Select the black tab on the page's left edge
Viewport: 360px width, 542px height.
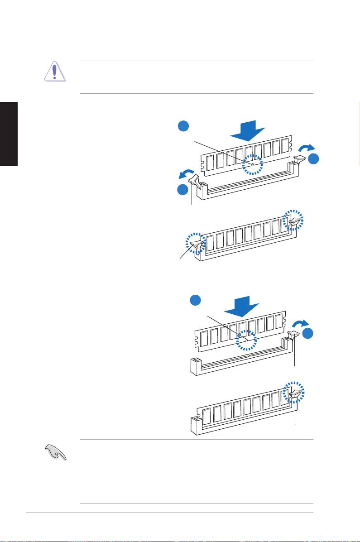[x=9, y=134]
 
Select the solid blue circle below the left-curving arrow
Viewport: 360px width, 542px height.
[x=182, y=190]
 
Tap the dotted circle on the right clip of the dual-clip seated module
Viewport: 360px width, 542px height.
[x=293, y=221]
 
